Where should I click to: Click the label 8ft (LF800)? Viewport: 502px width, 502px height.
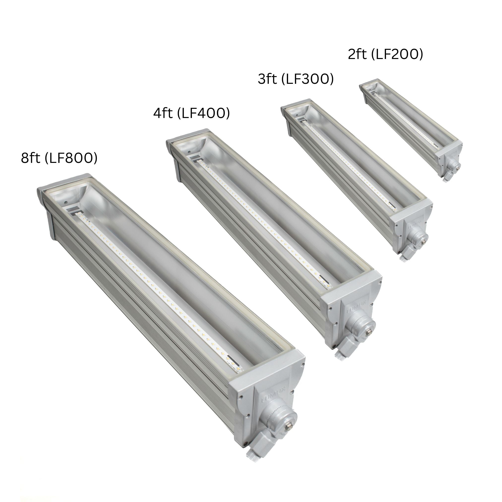tap(59, 158)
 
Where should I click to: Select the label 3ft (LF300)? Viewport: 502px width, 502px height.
tap(296, 79)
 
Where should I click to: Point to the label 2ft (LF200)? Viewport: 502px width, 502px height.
tap(385, 54)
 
